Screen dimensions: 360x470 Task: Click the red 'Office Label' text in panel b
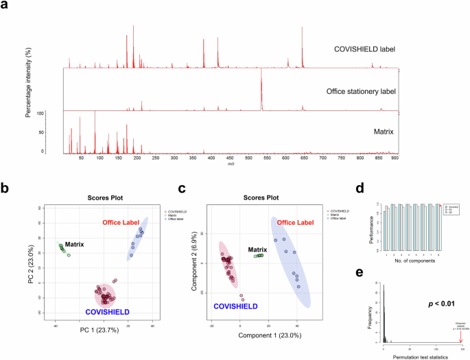[121, 223]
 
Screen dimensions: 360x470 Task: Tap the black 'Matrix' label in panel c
[258, 250]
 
